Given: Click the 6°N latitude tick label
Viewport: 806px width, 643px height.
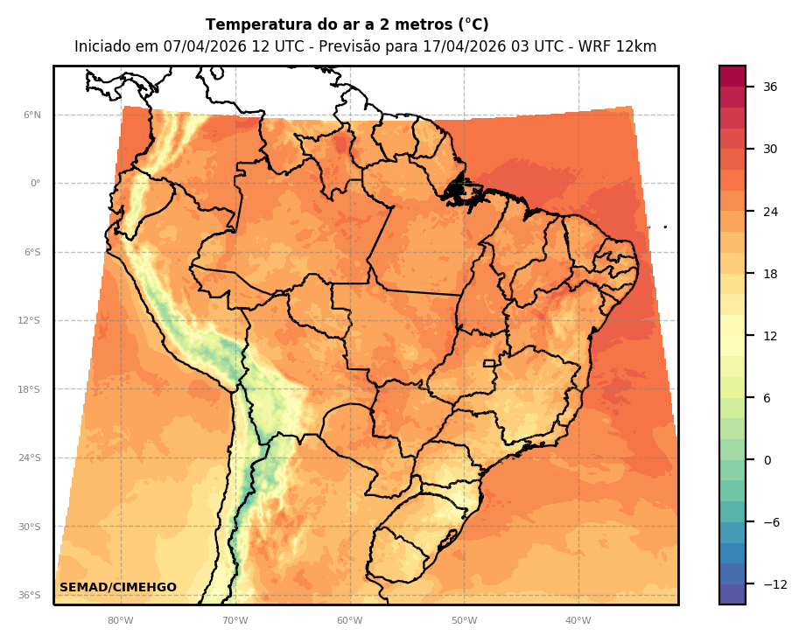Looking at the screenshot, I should (32, 115).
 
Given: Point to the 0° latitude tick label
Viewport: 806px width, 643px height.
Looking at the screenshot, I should (36, 184).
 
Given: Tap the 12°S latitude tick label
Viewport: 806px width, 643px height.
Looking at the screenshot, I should (30, 321).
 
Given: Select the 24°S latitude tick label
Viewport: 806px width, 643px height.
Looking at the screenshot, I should (30, 458).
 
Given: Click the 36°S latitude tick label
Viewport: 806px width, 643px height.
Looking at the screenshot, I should (30, 596).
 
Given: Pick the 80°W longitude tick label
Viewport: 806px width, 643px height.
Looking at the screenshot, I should (121, 621).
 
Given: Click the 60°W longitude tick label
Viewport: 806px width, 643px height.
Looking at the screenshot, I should (349, 621).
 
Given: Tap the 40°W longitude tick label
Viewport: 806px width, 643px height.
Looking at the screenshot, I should (578, 621).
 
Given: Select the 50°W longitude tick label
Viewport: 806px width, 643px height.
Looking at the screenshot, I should (464, 621).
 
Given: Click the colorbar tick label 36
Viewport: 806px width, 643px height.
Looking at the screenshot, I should (770, 87).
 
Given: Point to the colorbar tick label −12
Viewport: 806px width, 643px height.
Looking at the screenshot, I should (774, 584).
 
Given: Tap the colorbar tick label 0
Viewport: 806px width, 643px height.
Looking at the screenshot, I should (767, 460).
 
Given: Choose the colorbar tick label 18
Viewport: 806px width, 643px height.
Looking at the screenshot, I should (770, 274).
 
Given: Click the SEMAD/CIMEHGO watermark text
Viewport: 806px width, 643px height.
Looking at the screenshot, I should (118, 588).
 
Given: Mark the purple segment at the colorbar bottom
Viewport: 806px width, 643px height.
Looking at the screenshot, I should (732, 594).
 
